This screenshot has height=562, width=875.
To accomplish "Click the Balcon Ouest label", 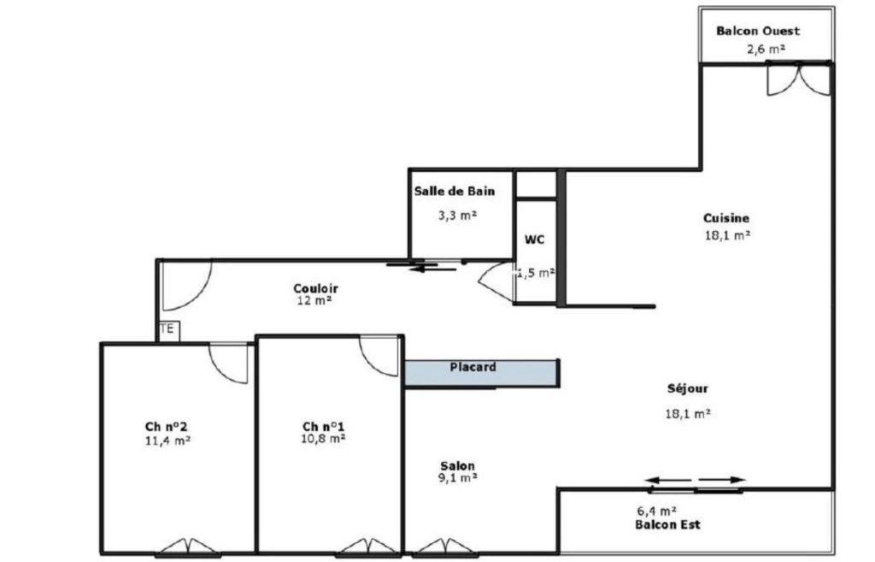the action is tap(758, 32).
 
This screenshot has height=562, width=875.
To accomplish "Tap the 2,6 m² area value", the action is tap(766, 49).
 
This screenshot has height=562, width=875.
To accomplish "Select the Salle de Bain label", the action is tap(455, 191).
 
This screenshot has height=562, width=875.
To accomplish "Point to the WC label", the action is tap(534, 240).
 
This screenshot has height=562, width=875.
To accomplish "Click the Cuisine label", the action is tap(726, 218).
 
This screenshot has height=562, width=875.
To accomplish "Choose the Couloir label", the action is tap(316, 288).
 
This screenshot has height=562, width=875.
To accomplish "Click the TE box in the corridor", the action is tap(168, 330).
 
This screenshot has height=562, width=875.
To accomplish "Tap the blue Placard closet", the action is tap(481, 373).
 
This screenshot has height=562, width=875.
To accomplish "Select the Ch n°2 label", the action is tap(167, 427).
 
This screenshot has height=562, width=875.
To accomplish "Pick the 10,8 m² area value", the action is tap(323, 439).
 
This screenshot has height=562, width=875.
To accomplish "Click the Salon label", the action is tap(458, 466).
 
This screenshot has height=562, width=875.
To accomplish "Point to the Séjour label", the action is tap(688, 389).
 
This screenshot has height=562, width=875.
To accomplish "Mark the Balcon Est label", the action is tap(667, 524).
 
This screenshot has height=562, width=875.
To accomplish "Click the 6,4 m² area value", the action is tap(657, 511).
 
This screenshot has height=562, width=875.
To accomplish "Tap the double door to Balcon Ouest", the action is tap(799, 80).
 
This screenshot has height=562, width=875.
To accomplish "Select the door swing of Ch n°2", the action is tap(229, 364).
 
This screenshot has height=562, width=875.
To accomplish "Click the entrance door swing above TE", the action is tap(187, 286).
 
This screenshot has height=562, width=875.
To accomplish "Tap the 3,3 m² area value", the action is tap(458, 215).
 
